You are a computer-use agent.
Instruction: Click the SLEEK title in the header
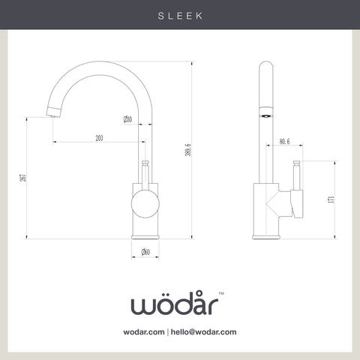click(180, 16)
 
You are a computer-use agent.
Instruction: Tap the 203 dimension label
click(99, 138)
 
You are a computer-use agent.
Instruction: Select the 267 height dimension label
click(23, 178)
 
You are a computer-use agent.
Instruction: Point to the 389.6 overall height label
click(188, 150)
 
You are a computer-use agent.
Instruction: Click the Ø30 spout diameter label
click(127, 119)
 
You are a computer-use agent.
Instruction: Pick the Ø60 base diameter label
click(145, 252)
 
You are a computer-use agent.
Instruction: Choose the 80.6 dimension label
click(284, 142)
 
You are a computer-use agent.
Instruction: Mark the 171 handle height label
click(331, 199)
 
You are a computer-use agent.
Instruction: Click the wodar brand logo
click(175, 303)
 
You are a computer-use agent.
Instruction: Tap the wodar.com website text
click(144, 332)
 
